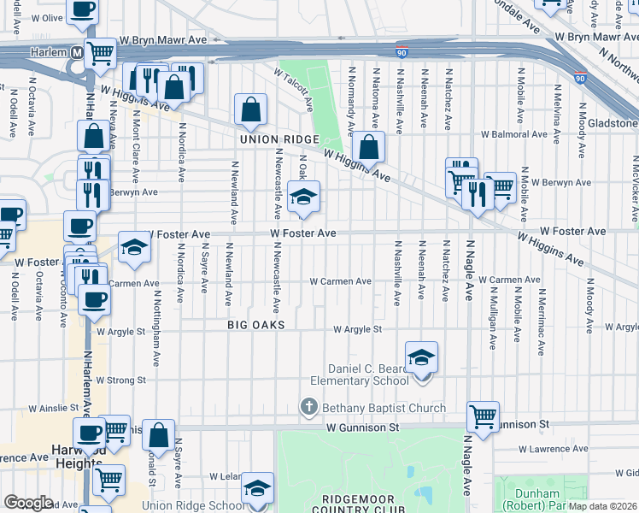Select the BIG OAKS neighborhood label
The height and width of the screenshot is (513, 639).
point(255,326)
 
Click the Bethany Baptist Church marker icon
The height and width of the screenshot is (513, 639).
point(308,408)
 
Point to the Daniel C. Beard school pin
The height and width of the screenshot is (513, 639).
point(421,357)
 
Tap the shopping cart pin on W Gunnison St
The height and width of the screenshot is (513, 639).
point(483,417)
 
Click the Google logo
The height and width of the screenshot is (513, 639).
point(28,503)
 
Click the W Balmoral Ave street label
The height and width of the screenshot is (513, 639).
point(512,134)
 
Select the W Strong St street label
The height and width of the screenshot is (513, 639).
point(121,380)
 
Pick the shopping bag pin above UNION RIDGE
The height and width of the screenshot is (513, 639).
point(251,110)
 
